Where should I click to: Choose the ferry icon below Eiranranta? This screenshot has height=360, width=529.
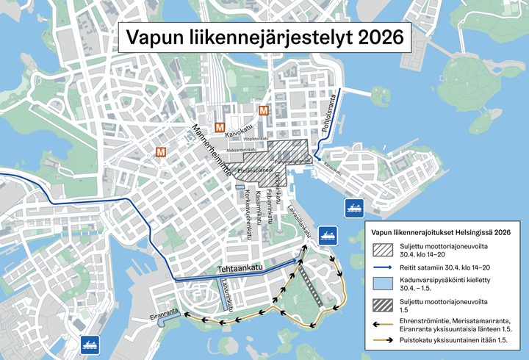(x=90, y=343)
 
